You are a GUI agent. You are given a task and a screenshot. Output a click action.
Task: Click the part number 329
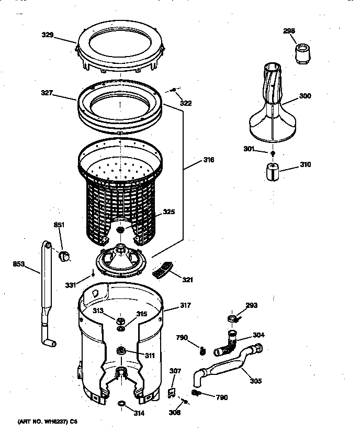(48, 35)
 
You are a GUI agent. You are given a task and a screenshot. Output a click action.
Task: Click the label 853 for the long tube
(19, 264)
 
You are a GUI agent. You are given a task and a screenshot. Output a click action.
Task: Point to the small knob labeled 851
(64, 256)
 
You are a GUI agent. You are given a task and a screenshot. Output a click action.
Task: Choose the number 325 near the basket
(168, 212)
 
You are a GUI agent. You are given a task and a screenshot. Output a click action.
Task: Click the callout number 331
(71, 285)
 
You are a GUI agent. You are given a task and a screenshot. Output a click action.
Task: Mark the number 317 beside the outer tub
(185, 306)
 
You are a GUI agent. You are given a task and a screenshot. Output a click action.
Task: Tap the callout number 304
(258, 335)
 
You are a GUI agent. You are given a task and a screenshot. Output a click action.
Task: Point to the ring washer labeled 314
(121, 403)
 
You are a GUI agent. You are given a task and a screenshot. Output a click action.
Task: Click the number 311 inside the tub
(150, 356)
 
